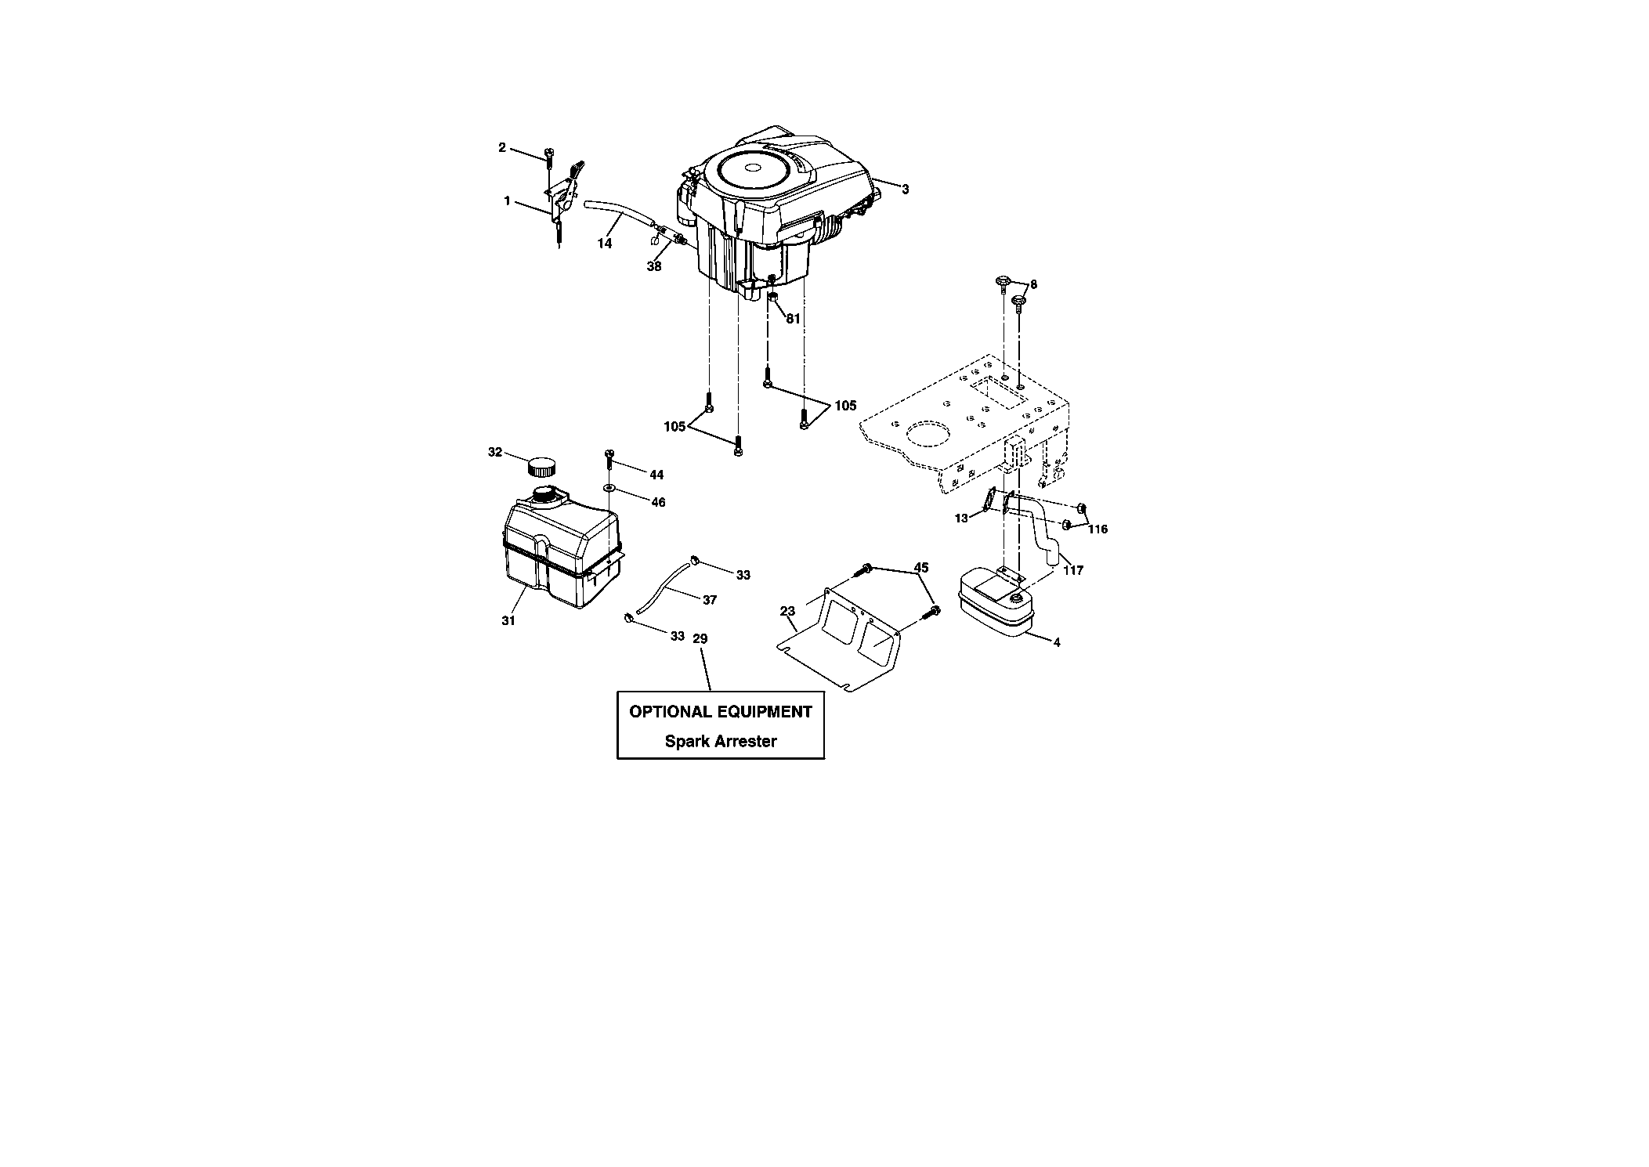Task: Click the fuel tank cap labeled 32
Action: (540, 467)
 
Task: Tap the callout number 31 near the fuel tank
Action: (508, 621)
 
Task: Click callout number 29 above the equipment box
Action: (700, 639)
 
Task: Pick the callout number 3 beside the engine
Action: (906, 190)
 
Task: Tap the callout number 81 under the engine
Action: (793, 319)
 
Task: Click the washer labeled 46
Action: (609, 489)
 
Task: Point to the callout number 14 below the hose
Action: (604, 244)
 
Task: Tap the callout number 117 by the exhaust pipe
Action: (1073, 570)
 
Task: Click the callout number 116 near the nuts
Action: (1098, 529)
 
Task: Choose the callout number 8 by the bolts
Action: (1033, 285)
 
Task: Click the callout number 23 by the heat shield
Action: (787, 612)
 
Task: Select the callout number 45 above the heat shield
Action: (921, 568)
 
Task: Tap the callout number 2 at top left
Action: (502, 147)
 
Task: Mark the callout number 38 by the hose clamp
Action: (653, 266)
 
